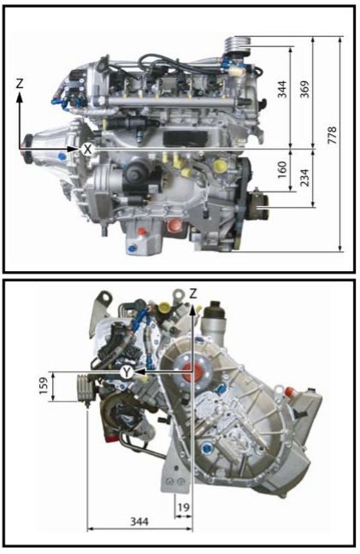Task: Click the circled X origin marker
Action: click(x=87, y=149)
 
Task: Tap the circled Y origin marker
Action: click(x=126, y=372)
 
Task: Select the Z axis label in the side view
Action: click(x=20, y=84)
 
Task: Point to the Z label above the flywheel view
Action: click(x=193, y=293)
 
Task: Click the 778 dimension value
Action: click(x=332, y=134)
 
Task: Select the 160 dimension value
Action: click(x=281, y=169)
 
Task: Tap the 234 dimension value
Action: click(x=304, y=177)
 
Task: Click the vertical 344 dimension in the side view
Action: click(x=281, y=89)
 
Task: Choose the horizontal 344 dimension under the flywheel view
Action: click(x=139, y=522)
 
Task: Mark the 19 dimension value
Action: click(x=183, y=507)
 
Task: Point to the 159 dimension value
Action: click(x=43, y=386)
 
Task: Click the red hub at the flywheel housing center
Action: click(x=192, y=373)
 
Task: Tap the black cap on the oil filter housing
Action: click(x=215, y=309)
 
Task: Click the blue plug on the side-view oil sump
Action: click(x=132, y=248)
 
